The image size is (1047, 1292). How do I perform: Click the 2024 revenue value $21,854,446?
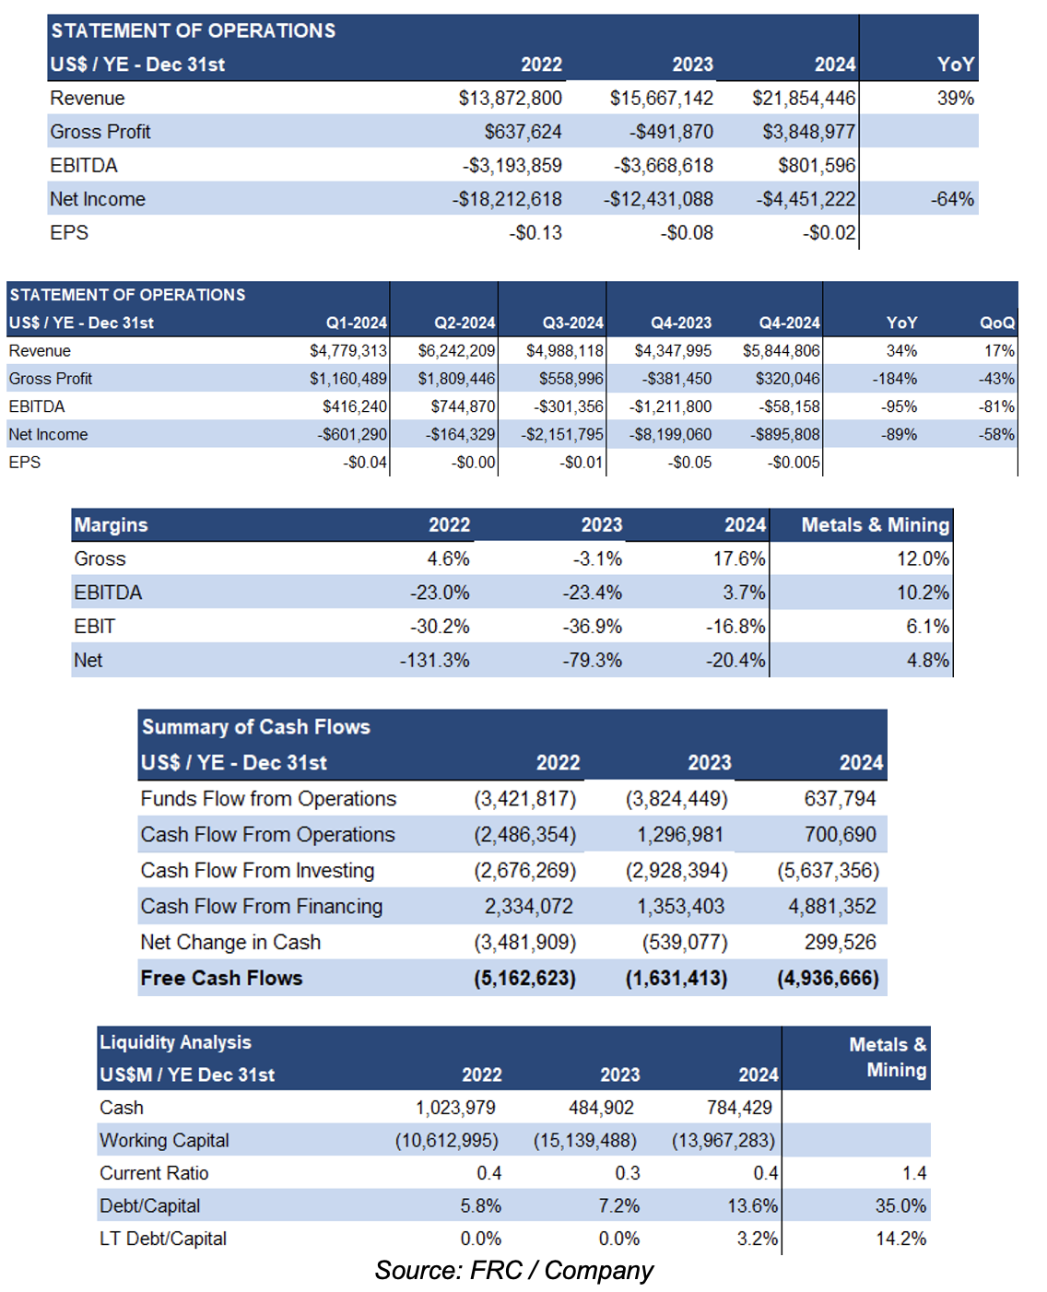click(x=804, y=99)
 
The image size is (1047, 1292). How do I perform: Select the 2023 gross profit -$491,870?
click(x=671, y=132)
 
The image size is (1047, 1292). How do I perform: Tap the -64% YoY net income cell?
click(x=952, y=199)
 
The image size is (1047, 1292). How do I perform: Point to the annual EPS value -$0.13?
click(x=535, y=233)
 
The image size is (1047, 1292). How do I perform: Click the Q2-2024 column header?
click(x=465, y=323)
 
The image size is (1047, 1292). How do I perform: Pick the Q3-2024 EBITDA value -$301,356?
click(x=569, y=406)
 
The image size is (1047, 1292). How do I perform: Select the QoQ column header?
click(x=997, y=323)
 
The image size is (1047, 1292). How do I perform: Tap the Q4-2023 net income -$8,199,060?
click(x=670, y=434)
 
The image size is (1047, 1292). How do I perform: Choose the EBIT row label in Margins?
click(x=94, y=626)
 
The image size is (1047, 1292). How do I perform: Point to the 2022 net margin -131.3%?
click(x=434, y=660)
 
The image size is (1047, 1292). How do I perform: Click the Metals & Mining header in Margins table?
click(x=876, y=524)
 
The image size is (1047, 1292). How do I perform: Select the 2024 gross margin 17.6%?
click(x=739, y=558)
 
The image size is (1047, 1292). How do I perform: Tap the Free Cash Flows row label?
click(x=221, y=978)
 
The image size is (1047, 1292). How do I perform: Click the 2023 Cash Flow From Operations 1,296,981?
click(x=680, y=835)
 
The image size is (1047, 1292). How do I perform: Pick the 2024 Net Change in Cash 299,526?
click(x=841, y=942)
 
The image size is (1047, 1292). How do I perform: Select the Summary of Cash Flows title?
click(x=256, y=727)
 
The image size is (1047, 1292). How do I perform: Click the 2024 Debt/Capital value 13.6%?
click(x=752, y=1206)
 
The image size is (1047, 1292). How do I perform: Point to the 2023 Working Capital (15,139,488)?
click(x=584, y=1140)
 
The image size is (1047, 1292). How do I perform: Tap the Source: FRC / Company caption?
click(x=513, y=1270)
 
